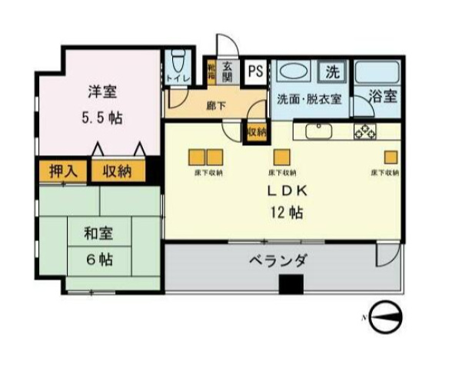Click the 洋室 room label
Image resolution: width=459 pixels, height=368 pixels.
point(101,91)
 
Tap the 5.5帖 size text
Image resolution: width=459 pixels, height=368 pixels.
point(101,118)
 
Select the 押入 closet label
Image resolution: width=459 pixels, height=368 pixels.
point(63,171)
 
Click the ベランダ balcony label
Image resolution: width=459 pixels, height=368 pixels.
point(278,261)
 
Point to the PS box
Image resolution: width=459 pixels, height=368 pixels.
point(255,73)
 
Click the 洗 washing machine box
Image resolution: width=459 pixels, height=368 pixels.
point(332,73)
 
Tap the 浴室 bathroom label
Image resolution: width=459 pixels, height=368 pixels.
point(381,97)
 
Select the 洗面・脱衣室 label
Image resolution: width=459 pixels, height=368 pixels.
point(308,98)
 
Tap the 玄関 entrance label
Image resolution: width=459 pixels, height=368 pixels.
point(228,72)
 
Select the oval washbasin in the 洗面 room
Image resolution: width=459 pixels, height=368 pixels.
point(296,72)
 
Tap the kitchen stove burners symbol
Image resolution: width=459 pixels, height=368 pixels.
point(365,131)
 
